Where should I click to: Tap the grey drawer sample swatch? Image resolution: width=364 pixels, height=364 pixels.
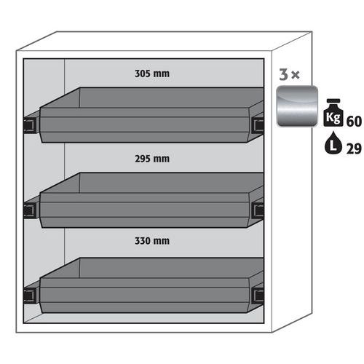coord(295,108)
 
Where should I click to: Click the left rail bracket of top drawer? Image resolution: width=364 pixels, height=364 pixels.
coord(29,125)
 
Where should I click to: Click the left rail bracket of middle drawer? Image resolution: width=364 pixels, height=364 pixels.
coord(29,210)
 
